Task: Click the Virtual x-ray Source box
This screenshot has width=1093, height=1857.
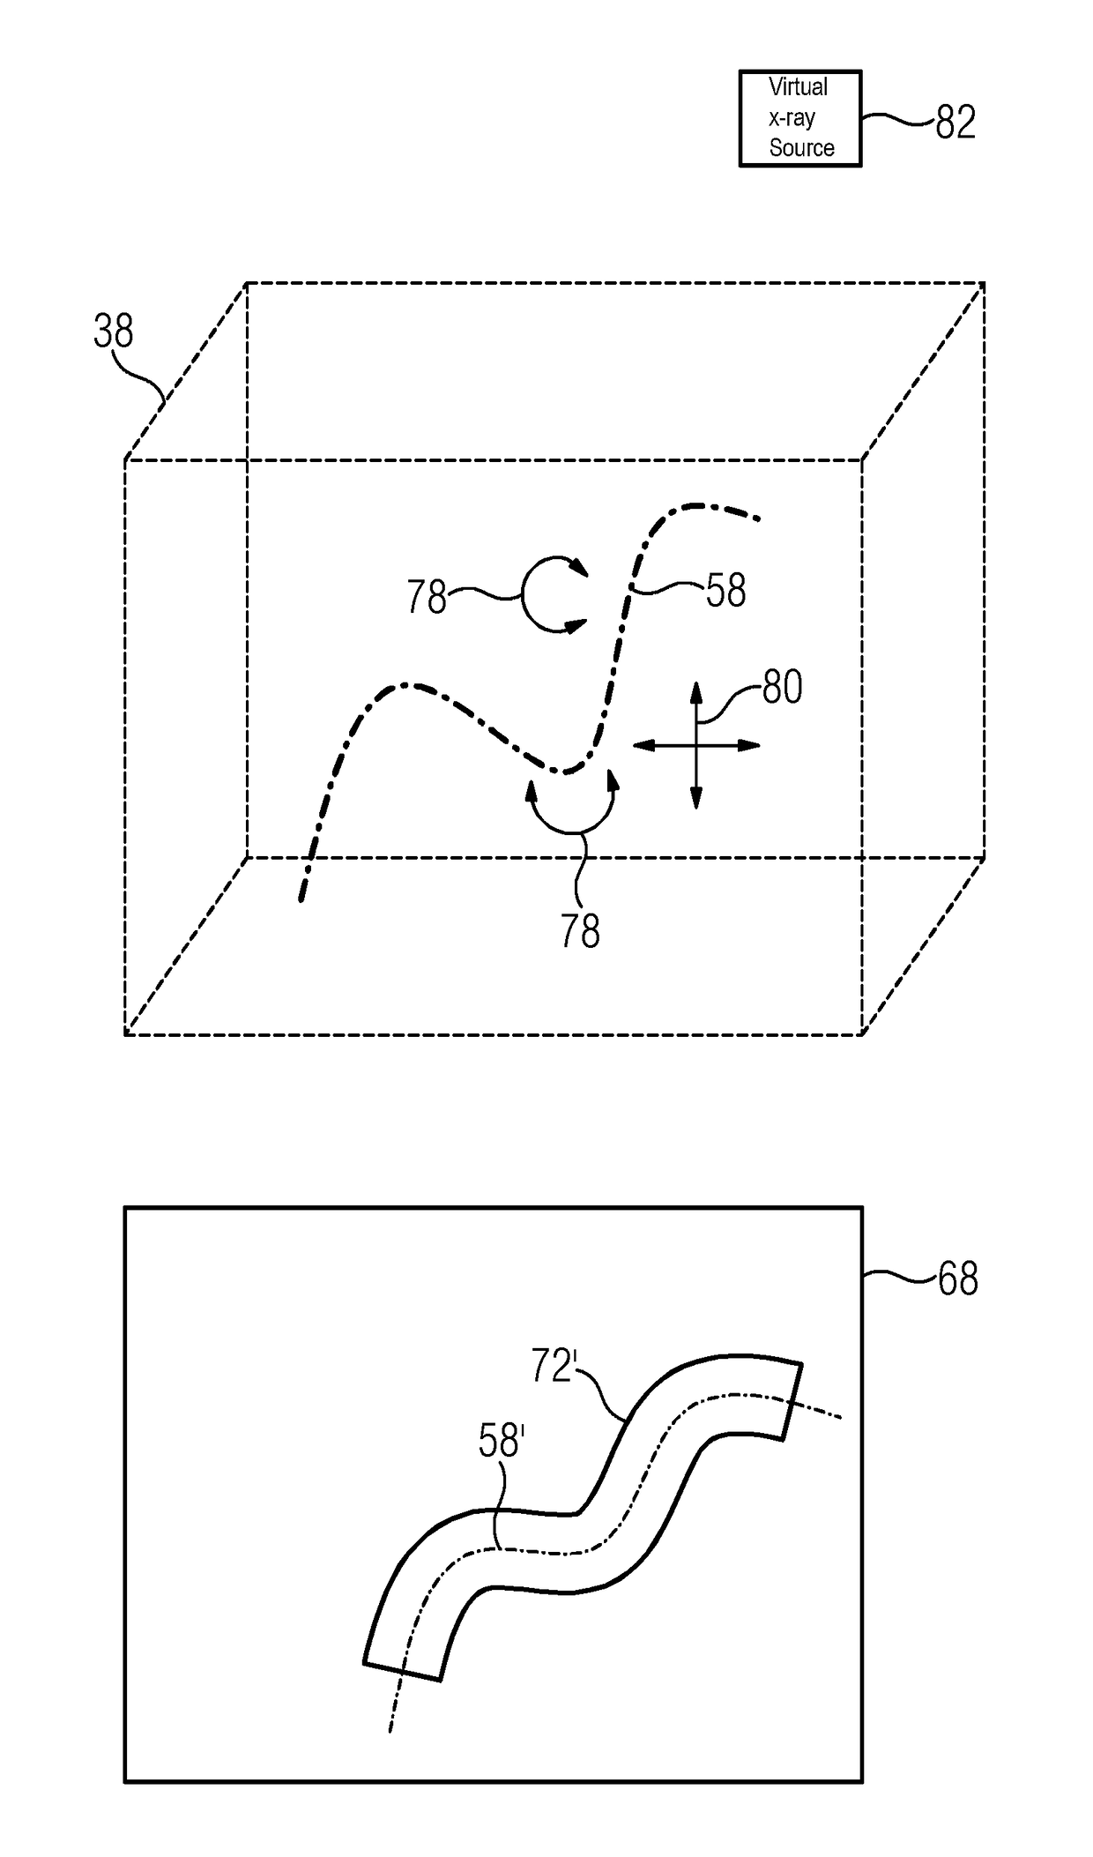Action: [799, 118]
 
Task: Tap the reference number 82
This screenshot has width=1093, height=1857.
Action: [955, 123]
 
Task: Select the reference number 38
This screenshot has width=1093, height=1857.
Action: [114, 332]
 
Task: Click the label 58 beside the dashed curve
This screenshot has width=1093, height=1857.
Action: [725, 591]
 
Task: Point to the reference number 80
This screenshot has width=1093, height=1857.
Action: [782, 687]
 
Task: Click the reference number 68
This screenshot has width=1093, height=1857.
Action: [957, 1279]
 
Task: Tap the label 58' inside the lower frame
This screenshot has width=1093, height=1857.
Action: [501, 1441]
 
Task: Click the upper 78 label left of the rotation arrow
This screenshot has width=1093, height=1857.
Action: [427, 598]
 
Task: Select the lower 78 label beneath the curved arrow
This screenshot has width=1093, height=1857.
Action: [580, 931]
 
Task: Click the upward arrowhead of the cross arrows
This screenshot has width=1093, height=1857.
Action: [695, 690]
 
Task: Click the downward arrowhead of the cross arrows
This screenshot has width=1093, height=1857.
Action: [695, 802]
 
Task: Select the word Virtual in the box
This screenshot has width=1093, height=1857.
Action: [798, 87]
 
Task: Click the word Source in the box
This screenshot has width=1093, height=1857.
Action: [801, 148]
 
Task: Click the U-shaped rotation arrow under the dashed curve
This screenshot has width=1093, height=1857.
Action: [573, 807]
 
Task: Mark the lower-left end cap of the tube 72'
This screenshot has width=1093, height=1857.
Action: [402, 1672]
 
